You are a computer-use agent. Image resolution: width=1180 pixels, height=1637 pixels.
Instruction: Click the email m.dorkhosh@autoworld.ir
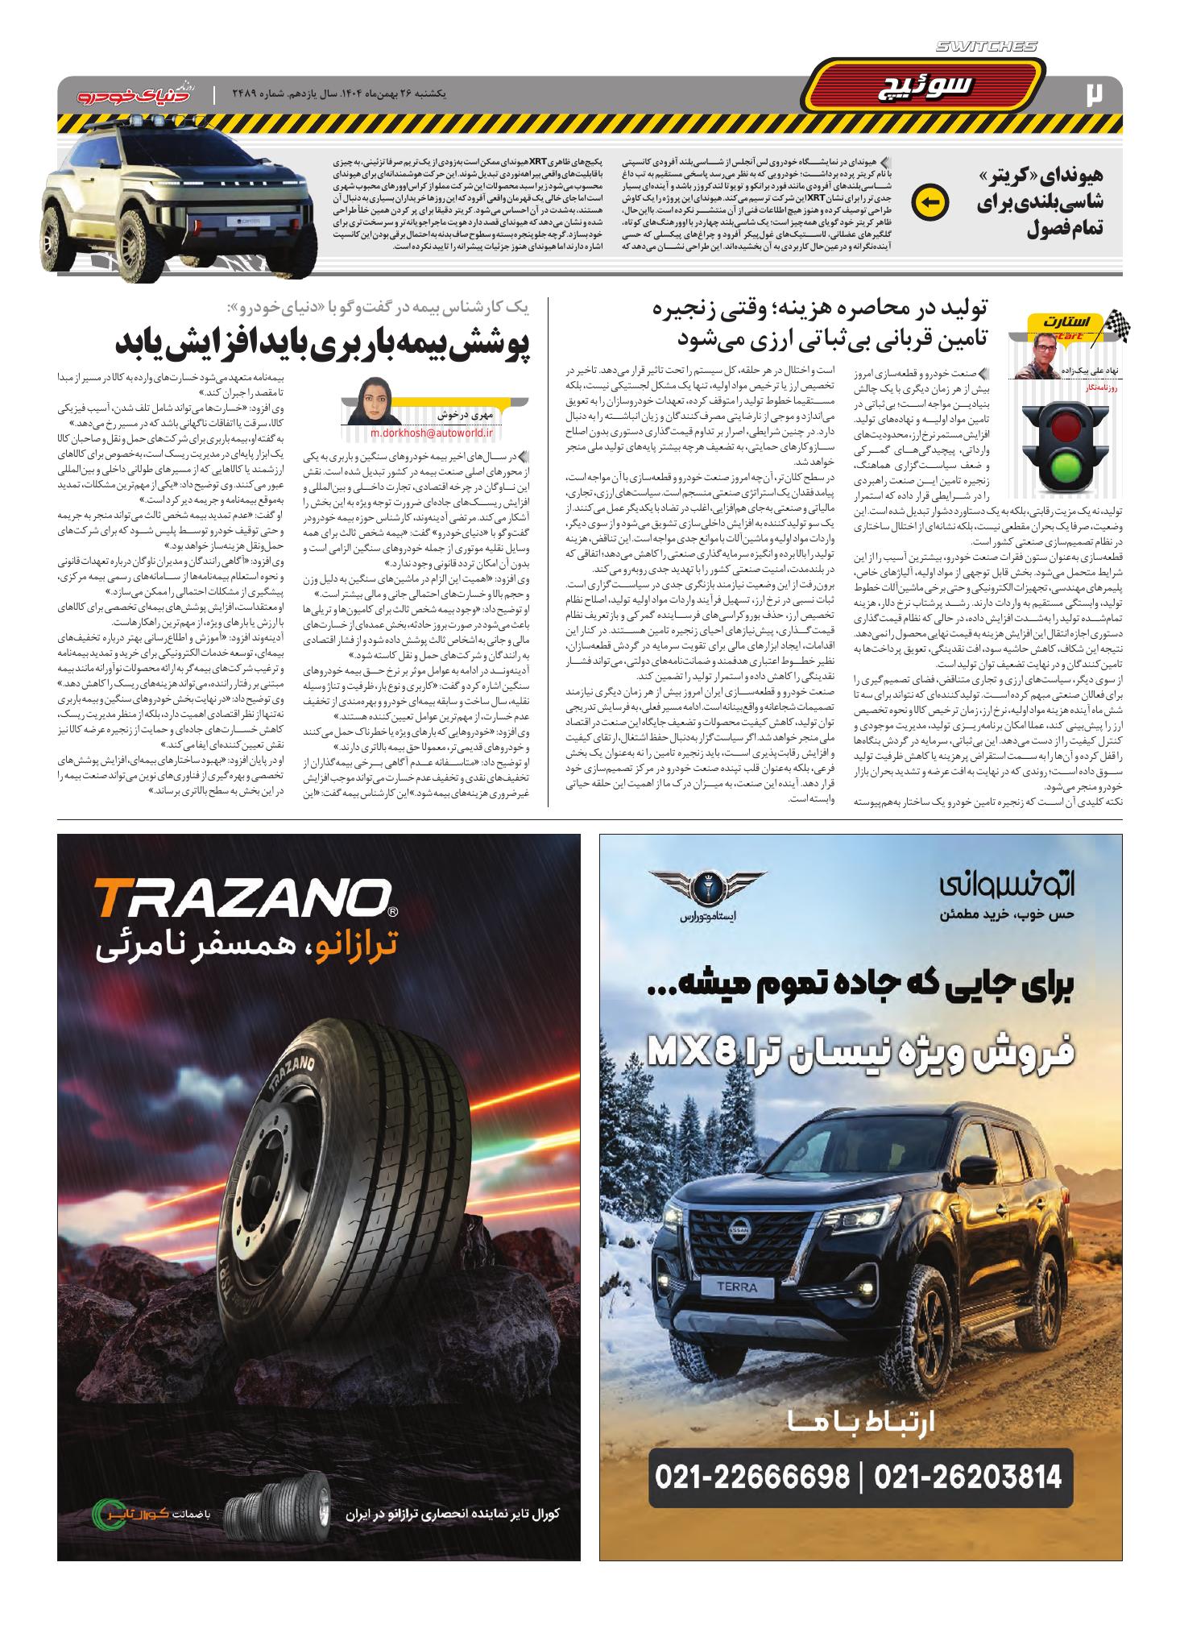coord(432,433)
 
